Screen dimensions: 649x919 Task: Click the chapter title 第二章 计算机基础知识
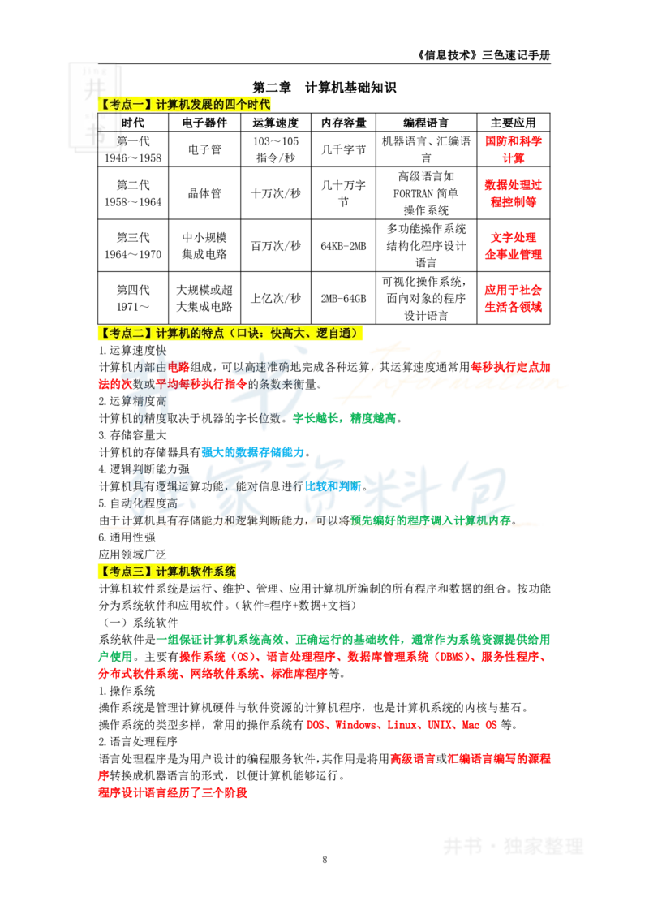pos(324,88)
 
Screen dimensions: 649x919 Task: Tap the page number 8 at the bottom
pos(324,859)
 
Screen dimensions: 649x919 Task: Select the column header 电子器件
pos(204,123)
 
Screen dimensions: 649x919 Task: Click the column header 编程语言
pos(426,123)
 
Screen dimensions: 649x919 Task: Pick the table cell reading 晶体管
pos(204,193)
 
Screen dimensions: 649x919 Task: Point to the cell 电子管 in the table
pos(204,149)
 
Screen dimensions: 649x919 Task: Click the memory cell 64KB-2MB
pos(343,246)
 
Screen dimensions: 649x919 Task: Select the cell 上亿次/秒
pos(275,298)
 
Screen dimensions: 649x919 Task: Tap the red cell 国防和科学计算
pos(513,149)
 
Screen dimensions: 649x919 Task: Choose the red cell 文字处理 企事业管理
pos(513,245)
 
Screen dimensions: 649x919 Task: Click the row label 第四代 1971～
pos(133,298)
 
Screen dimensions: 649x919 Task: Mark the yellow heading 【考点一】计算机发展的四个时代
pos(184,105)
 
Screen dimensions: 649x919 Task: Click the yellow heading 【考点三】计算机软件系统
pos(167,572)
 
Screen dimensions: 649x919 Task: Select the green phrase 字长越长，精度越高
pos(345,418)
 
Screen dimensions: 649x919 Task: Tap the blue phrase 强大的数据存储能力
pos(253,452)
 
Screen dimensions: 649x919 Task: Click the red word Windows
pos(355,725)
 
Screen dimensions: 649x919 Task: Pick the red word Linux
pos(402,725)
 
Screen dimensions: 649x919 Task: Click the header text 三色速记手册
pos(516,55)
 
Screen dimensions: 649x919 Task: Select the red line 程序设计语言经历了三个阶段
pos(173,793)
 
